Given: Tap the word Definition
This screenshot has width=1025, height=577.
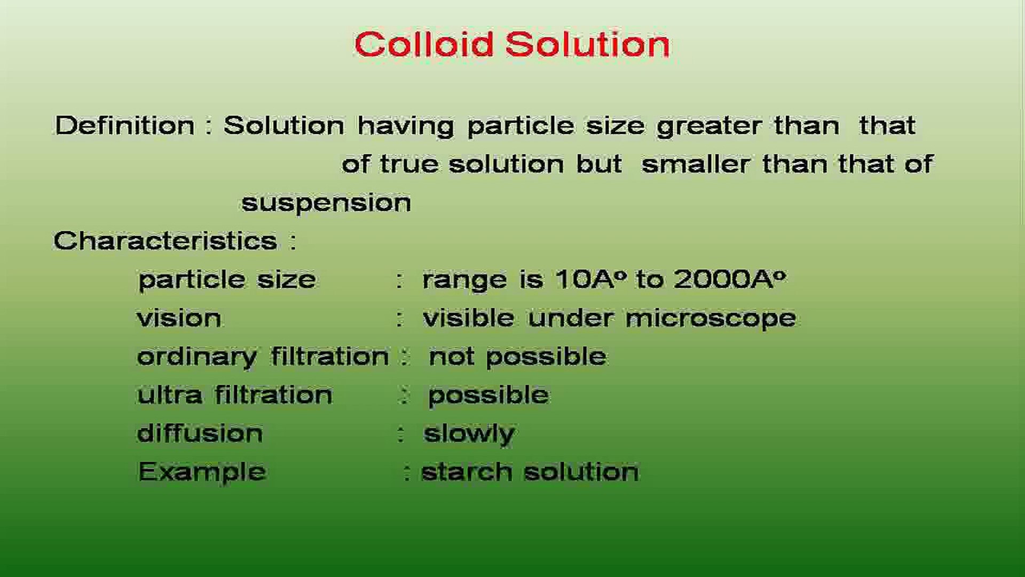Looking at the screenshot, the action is tap(125, 126).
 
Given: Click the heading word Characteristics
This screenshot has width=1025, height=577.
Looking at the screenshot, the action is tap(165, 240).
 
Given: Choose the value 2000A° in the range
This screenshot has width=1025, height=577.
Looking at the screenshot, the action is tap(730, 279).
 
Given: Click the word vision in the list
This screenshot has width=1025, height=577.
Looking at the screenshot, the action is tap(179, 318).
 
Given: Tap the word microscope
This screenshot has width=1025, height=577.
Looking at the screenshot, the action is tap(711, 319).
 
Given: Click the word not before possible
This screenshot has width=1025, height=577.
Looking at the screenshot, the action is tap(452, 357).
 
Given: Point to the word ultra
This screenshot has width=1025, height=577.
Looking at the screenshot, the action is tap(170, 395).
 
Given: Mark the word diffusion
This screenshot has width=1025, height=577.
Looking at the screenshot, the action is tap(200, 433).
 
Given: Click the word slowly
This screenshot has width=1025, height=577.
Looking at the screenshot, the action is tap(469, 434).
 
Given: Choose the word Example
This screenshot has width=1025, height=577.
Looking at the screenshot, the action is tap(202, 472).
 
